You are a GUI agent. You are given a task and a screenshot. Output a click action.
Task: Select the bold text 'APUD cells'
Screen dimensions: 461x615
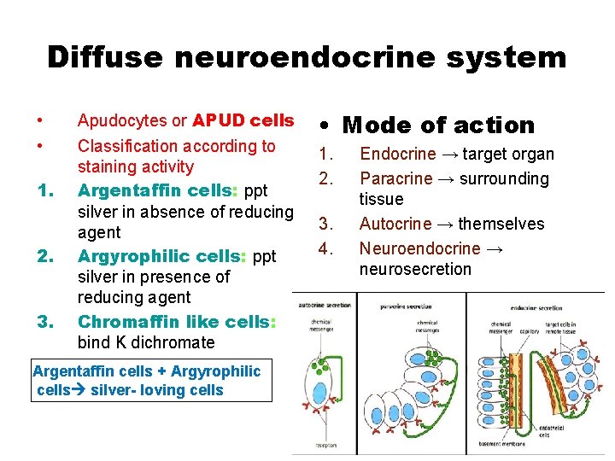pyautogui.click(x=243, y=120)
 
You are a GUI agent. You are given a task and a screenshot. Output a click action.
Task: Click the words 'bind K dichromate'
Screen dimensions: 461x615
pyautogui.click(x=146, y=342)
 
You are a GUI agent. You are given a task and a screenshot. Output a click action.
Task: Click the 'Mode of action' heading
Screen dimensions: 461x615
pyautogui.click(x=437, y=125)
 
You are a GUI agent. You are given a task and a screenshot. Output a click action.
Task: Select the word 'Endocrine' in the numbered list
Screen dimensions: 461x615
pyautogui.click(x=396, y=155)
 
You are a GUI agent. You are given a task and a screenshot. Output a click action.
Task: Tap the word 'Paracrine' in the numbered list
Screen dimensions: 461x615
pyautogui.click(x=396, y=178)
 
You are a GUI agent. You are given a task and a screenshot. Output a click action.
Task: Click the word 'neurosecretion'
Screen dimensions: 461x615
pyautogui.click(x=415, y=269)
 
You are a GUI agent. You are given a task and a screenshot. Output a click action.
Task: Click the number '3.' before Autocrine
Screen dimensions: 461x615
pyautogui.click(x=325, y=224)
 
